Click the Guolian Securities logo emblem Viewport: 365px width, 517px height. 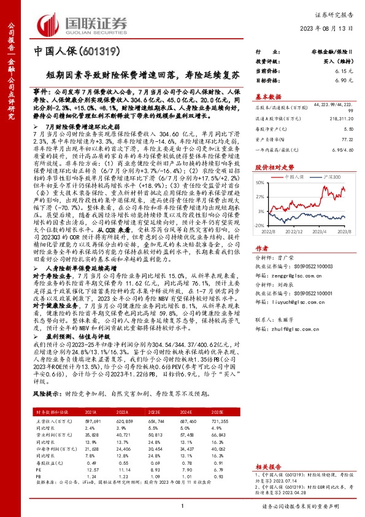point(49,22)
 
